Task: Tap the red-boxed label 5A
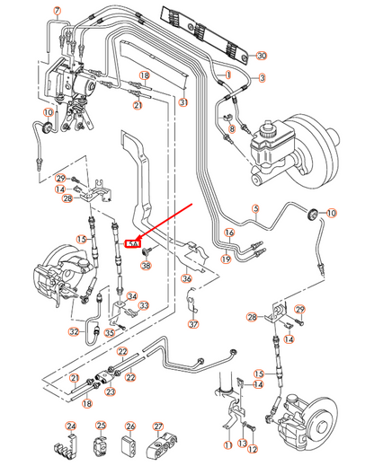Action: (136, 242)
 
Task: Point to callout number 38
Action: (147, 266)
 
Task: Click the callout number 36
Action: (186, 278)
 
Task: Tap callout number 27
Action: (158, 426)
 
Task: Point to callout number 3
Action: (263, 78)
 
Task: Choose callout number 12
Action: (253, 448)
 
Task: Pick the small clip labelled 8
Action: (230, 116)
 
